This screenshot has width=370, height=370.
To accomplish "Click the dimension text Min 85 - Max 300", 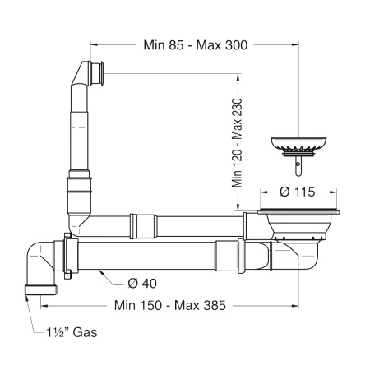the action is pyautogui.click(x=196, y=45).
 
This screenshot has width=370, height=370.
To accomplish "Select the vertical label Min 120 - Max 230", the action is pyautogui.click(x=238, y=143).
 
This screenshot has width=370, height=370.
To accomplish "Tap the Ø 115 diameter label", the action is pyautogui.click(x=298, y=192).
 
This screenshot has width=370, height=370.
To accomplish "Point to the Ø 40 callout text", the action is pyautogui.click(x=142, y=284).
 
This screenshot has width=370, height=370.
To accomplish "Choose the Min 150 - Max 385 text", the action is pyautogui.click(x=170, y=305).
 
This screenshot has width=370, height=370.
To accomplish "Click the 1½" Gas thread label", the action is pyautogui.click(x=72, y=332).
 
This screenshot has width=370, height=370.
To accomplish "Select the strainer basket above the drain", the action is pyautogui.click(x=298, y=146).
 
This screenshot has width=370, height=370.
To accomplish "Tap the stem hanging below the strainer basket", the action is pyautogui.click(x=298, y=166).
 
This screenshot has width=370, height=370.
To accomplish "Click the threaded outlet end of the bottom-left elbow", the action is pyautogui.click(x=41, y=290).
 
